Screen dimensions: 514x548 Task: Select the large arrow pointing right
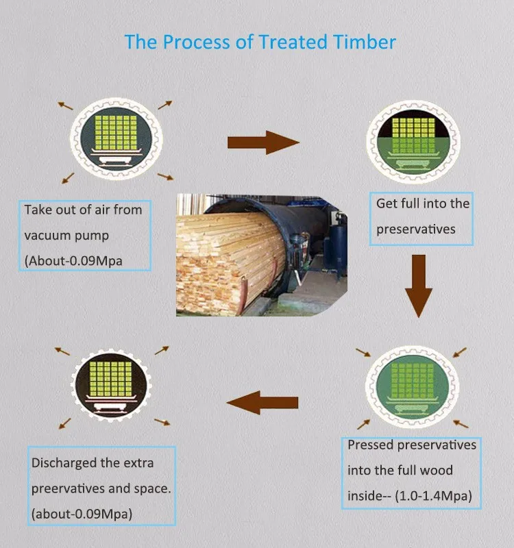[264, 142]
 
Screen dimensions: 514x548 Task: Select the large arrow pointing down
[419, 286]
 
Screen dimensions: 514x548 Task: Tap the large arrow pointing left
[262, 403]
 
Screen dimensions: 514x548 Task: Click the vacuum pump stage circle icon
[116, 139]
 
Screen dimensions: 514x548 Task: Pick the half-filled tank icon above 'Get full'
[413, 142]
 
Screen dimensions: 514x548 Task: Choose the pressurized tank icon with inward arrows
[413, 386]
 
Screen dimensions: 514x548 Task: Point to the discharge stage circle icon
[111, 385]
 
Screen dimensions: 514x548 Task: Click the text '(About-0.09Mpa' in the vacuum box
[73, 261]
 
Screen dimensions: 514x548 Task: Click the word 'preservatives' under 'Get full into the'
[416, 229]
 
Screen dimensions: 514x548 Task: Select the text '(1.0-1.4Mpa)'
[433, 496]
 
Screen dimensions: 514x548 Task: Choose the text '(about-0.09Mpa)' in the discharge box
[82, 514]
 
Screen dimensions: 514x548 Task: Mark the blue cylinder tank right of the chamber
[335, 247]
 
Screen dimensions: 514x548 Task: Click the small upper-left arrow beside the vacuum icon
[65, 105]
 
